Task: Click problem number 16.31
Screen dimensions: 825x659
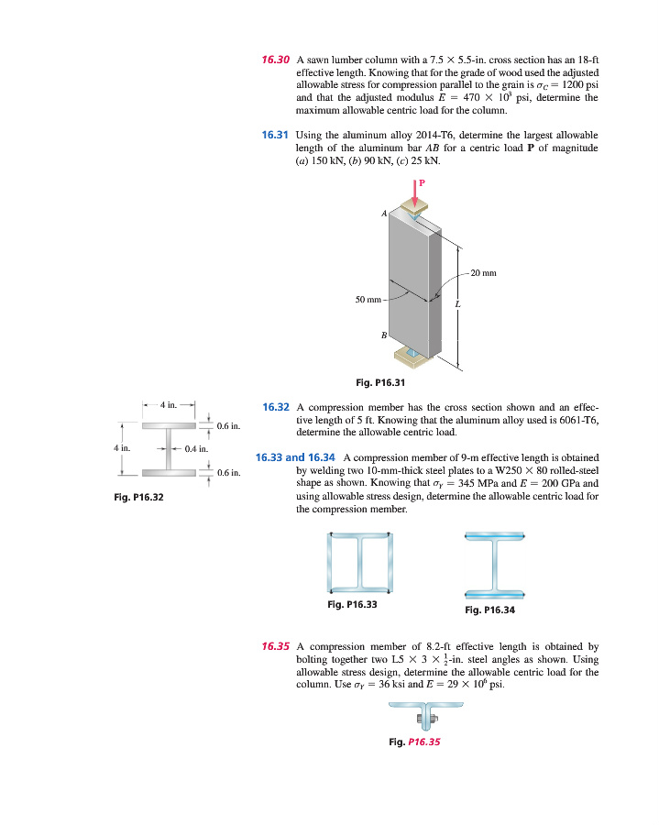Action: pos(276,134)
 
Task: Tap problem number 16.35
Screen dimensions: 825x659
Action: pos(276,646)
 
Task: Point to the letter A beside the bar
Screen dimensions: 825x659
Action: pos(384,213)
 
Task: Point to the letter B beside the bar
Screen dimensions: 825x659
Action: pos(383,335)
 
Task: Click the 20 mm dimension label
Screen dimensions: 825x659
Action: pos(483,272)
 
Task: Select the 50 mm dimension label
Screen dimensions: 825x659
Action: pos(368,299)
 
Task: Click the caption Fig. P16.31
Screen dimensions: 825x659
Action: pos(379,382)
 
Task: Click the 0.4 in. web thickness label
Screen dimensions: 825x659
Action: pos(198,449)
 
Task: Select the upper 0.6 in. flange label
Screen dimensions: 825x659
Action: pos(229,425)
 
